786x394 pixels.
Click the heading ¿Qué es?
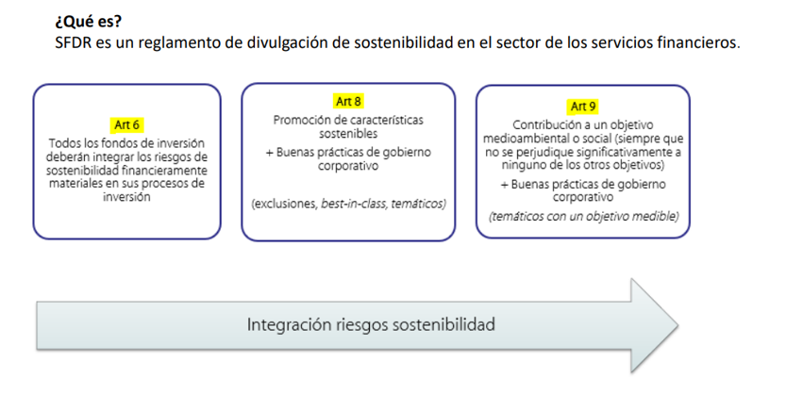pyautogui.click(x=89, y=22)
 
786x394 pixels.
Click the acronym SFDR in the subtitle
pyautogui.click(x=74, y=43)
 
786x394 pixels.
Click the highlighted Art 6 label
pyautogui.click(x=126, y=124)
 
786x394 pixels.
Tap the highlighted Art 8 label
pyautogui.click(x=348, y=102)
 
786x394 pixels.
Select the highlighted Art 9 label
pyautogui.click(x=583, y=107)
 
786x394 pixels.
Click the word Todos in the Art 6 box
pyautogui.click(x=62, y=143)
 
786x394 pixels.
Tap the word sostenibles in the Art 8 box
pyautogui.click(x=348, y=134)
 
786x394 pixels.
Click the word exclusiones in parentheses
pyautogui.click(x=284, y=204)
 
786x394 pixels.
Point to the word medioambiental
pyautogui.click(x=519, y=139)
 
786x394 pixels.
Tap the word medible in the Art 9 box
pyautogui.click(x=660, y=216)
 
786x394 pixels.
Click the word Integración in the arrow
pyautogui.click(x=282, y=325)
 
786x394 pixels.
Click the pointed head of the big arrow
pyautogui.click(x=678, y=325)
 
